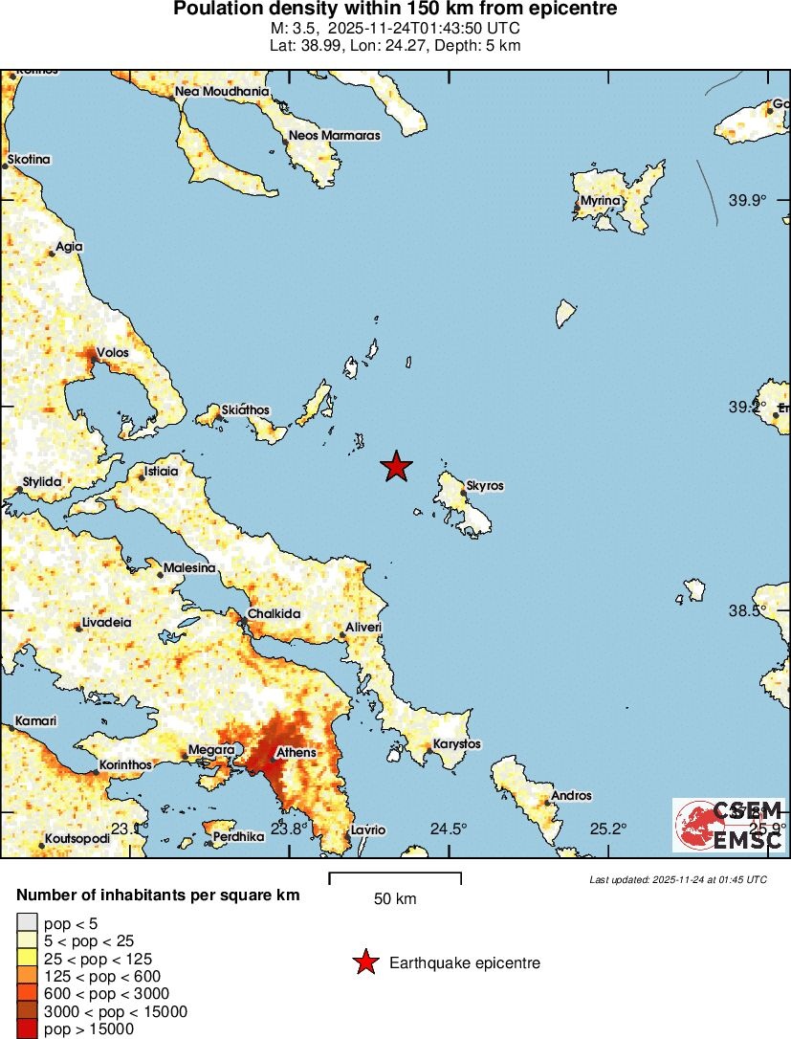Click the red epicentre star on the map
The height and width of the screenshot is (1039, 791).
[396, 466]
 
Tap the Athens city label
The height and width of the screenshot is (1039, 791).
[296, 753]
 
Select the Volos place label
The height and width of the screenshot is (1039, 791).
[113, 352]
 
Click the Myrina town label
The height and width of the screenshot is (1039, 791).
[603, 200]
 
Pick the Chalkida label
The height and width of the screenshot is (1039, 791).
[275, 613]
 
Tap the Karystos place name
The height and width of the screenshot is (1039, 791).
[457, 743]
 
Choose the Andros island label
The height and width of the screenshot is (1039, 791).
[572, 795]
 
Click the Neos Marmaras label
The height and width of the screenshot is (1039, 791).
[336, 136]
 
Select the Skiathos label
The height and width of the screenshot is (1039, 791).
[246, 410]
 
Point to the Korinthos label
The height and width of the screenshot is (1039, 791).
[126, 765]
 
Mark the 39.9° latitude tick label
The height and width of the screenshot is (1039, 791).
[748, 201]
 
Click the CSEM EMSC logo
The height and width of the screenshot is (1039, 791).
[728, 825]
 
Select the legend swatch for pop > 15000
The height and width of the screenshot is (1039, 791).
[27, 1029]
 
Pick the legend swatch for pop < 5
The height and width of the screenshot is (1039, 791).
[27, 923]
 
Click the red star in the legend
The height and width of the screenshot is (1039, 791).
[364, 963]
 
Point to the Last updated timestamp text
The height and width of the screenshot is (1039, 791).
[677, 879]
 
